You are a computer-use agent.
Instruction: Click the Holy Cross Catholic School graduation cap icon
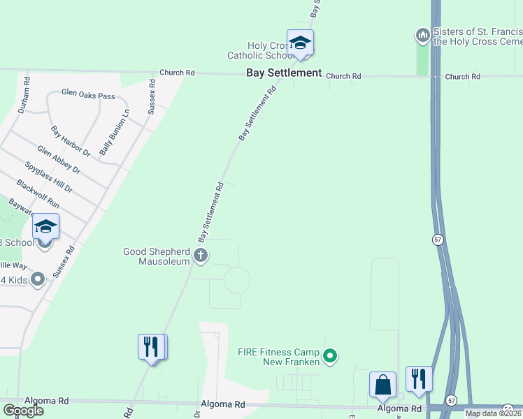(300, 43)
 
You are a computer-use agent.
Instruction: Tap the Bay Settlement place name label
(283, 73)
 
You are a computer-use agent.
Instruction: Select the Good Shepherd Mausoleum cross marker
(201, 256)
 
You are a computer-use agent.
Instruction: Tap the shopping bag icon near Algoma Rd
(382, 384)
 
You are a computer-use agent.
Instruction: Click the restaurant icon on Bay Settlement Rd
(152, 346)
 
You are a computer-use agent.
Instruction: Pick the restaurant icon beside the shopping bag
(419, 378)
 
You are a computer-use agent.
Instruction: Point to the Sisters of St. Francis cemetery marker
(422, 34)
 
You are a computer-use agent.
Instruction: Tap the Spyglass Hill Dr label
(49, 177)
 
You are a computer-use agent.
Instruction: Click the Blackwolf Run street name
(38, 193)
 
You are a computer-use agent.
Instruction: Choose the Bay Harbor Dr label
(71, 140)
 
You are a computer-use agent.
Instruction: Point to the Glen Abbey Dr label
(59, 160)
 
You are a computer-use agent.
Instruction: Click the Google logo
(23, 411)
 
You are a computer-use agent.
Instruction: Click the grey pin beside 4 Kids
(38, 279)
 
